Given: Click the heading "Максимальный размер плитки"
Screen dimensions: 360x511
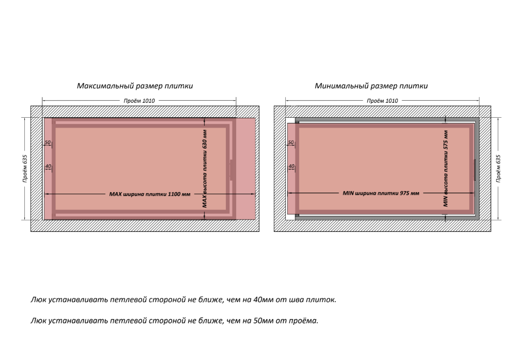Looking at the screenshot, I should pyautogui.click(x=135, y=86).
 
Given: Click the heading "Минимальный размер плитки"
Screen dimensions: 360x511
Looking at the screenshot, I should pyautogui.click(x=371, y=86).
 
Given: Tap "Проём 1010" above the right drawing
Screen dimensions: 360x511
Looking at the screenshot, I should pyautogui.click(x=382, y=101).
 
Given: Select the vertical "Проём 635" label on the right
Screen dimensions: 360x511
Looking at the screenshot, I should pyautogui.click(x=498, y=168).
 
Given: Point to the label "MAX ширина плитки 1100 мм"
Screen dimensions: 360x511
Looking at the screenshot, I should pyautogui.click(x=150, y=194).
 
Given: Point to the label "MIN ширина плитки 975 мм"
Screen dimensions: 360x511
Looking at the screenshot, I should pyautogui.click(x=381, y=193).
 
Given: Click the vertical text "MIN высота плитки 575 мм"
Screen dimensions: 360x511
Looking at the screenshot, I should pyautogui.click(x=446, y=168).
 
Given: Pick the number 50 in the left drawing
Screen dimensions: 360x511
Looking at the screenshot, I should pyautogui.click(x=48, y=142).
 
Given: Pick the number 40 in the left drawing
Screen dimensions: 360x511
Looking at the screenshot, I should pyautogui.click(x=48, y=166).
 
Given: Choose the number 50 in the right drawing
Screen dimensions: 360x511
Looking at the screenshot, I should pyautogui.click(x=290, y=142).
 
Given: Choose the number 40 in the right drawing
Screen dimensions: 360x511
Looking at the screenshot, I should pyautogui.click(x=291, y=166).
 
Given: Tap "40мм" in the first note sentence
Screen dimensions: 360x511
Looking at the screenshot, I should pyautogui.click(x=264, y=300).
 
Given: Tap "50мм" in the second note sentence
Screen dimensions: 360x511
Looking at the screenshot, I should pyautogui.click(x=264, y=321).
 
